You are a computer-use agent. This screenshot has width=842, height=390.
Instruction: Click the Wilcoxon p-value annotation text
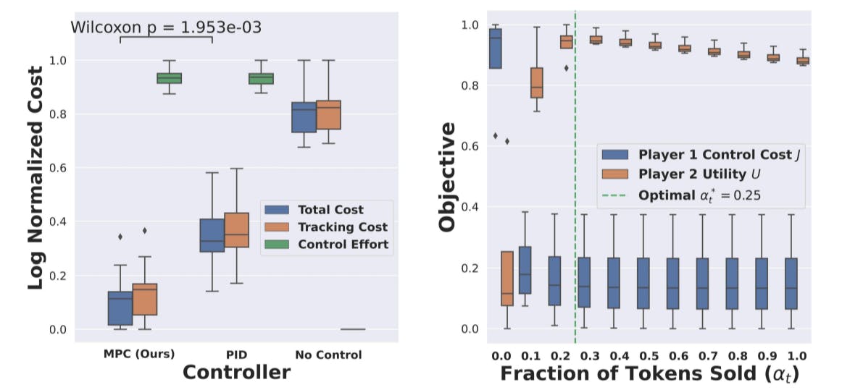pyautogui.click(x=166, y=27)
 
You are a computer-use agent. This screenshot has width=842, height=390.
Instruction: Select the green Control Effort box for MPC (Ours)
pyautogui.click(x=170, y=78)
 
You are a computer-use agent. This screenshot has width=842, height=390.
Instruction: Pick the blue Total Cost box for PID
pyautogui.click(x=212, y=235)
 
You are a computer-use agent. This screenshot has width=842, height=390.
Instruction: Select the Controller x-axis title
pyautogui.click(x=236, y=373)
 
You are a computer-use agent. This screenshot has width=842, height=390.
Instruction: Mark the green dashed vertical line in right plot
pyautogui.click(x=575, y=217)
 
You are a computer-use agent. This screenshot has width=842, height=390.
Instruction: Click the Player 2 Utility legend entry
pyautogui.click(x=689, y=174)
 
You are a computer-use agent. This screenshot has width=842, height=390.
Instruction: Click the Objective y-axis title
pyautogui.click(x=446, y=177)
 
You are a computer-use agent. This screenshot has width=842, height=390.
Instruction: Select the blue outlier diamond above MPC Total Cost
pyautogui.click(x=120, y=237)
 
